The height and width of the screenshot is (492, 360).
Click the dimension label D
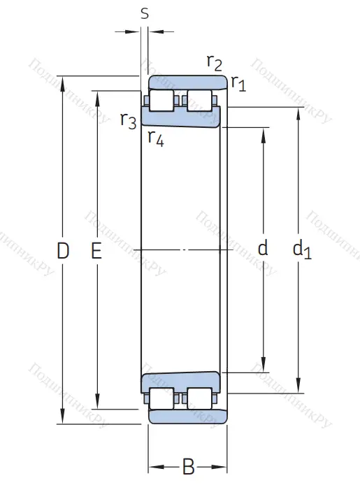pyautogui.click(x=63, y=249)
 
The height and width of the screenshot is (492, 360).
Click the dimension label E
pyautogui.click(x=96, y=249)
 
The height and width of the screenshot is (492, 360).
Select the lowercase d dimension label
pyautogui.click(x=263, y=248)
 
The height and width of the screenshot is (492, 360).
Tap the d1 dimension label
pyautogui.click(x=301, y=249)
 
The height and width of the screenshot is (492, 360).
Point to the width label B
pyautogui.click(x=188, y=467)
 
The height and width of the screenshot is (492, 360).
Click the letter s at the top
pyautogui.click(x=145, y=13)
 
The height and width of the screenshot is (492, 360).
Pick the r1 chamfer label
pyautogui.click(x=238, y=85)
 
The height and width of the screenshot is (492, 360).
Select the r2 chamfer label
pyautogui.click(x=214, y=64)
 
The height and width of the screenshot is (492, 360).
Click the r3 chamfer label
pyautogui.click(x=128, y=120)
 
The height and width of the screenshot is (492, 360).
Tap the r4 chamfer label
pyautogui.click(x=155, y=138)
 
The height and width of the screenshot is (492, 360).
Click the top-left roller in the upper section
pyautogui.click(x=162, y=100)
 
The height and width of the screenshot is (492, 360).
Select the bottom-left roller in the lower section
pyautogui.click(x=162, y=398)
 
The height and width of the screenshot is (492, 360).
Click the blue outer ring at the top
pyautogui.click(x=187, y=82)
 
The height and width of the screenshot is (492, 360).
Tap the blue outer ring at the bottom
pyautogui.click(x=187, y=417)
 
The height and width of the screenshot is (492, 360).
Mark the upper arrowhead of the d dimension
pyautogui.click(x=264, y=133)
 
